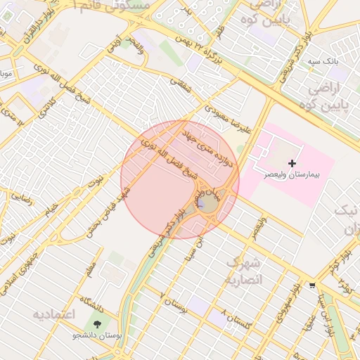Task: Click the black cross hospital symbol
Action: click(292, 163)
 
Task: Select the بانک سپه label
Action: click(323, 62)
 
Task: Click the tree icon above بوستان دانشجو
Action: click(96, 323)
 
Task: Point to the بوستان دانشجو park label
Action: click(97, 335)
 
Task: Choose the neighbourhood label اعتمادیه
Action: click(53, 314)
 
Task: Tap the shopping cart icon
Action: click(311, 285)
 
